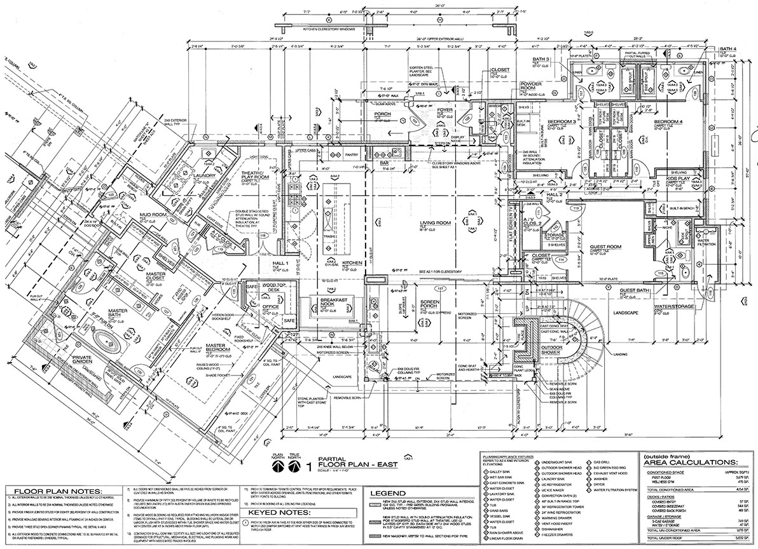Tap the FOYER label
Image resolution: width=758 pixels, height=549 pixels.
pyautogui.click(x=444, y=110)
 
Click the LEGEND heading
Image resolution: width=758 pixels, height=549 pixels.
pyautogui.click(x=387, y=493)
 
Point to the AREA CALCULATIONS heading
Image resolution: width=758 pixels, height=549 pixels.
pyautogui.click(x=690, y=463)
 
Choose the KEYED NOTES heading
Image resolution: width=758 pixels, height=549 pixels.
pyautogui.click(x=279, y=512)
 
